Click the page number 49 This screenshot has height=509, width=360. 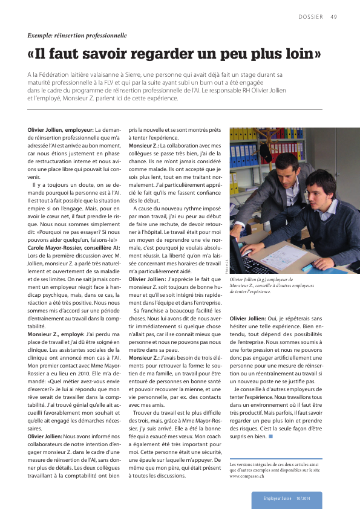(x=333, y=16)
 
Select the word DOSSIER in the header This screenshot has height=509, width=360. (x=310, y=16)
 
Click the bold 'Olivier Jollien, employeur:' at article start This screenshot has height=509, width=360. (x=60, y=130)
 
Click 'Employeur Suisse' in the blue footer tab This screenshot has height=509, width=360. (x=277, y=498)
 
